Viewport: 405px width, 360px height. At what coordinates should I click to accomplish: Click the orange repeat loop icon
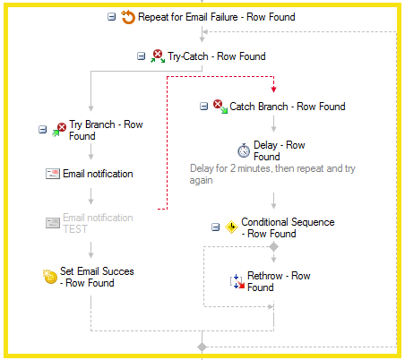[128, 17]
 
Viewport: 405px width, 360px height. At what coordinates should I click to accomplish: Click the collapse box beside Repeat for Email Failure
[111, 17]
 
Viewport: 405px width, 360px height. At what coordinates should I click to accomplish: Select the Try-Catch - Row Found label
[217, 56]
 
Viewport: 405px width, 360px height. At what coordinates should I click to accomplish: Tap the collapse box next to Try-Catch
[141, 56]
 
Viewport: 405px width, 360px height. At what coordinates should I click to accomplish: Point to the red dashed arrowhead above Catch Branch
[273, 89]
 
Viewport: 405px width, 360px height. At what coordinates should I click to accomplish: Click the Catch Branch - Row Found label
[288, 107]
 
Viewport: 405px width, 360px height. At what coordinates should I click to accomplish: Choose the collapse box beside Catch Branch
[203, 107]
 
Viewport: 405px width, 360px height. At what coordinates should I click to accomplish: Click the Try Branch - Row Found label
[106, 130]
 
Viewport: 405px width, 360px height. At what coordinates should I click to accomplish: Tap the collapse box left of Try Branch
[43, 130]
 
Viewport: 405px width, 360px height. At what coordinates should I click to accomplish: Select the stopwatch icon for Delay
[244, 150]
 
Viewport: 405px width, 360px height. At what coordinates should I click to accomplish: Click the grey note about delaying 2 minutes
[272, 175]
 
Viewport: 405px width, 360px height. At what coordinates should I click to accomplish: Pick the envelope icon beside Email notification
[53, 174]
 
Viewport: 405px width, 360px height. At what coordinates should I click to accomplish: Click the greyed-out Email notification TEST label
[98, 223]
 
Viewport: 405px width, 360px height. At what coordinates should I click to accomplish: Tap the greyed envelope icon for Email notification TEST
[53, 223]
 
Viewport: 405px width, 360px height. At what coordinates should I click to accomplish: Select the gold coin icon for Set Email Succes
[50, 277]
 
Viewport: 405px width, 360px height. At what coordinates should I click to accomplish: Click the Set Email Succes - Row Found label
[97, 277]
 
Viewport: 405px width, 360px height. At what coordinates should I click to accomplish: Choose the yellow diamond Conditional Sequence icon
[231, 227]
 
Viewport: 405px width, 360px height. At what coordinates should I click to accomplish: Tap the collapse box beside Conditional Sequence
[215, 227]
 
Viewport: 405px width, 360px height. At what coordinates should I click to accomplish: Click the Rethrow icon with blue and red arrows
[237, 281]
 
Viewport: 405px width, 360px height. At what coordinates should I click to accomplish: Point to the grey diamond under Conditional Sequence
[273, 247]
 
